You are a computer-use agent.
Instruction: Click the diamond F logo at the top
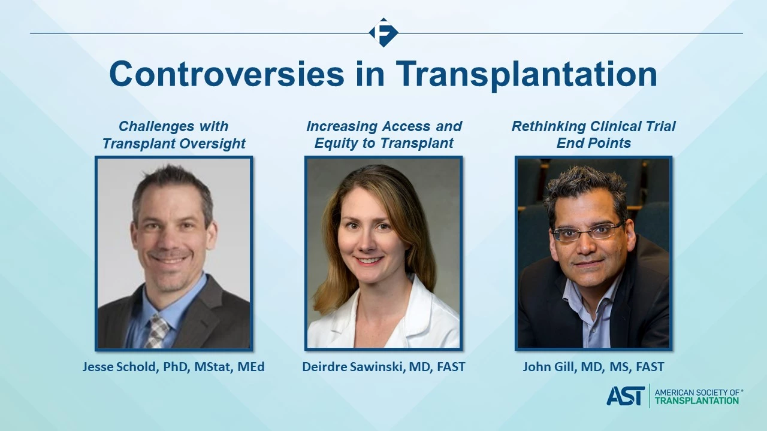click(383, 32)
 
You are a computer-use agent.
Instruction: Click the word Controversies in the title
click(227, 74)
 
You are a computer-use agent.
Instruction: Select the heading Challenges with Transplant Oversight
click(174, 135)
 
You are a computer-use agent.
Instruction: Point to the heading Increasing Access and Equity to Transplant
click(384, 135)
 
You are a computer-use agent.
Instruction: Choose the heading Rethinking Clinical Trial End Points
click(593, 135)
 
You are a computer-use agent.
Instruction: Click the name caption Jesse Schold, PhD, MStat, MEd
click(174, 367)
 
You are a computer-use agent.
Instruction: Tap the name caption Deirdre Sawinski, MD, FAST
click(383, 367)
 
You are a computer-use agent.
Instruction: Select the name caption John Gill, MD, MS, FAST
click(593, 367)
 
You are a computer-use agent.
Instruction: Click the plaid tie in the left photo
click(157, 331)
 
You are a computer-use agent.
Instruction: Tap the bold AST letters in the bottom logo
click(626, 396)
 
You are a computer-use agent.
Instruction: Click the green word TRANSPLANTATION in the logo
click(697, 400)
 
